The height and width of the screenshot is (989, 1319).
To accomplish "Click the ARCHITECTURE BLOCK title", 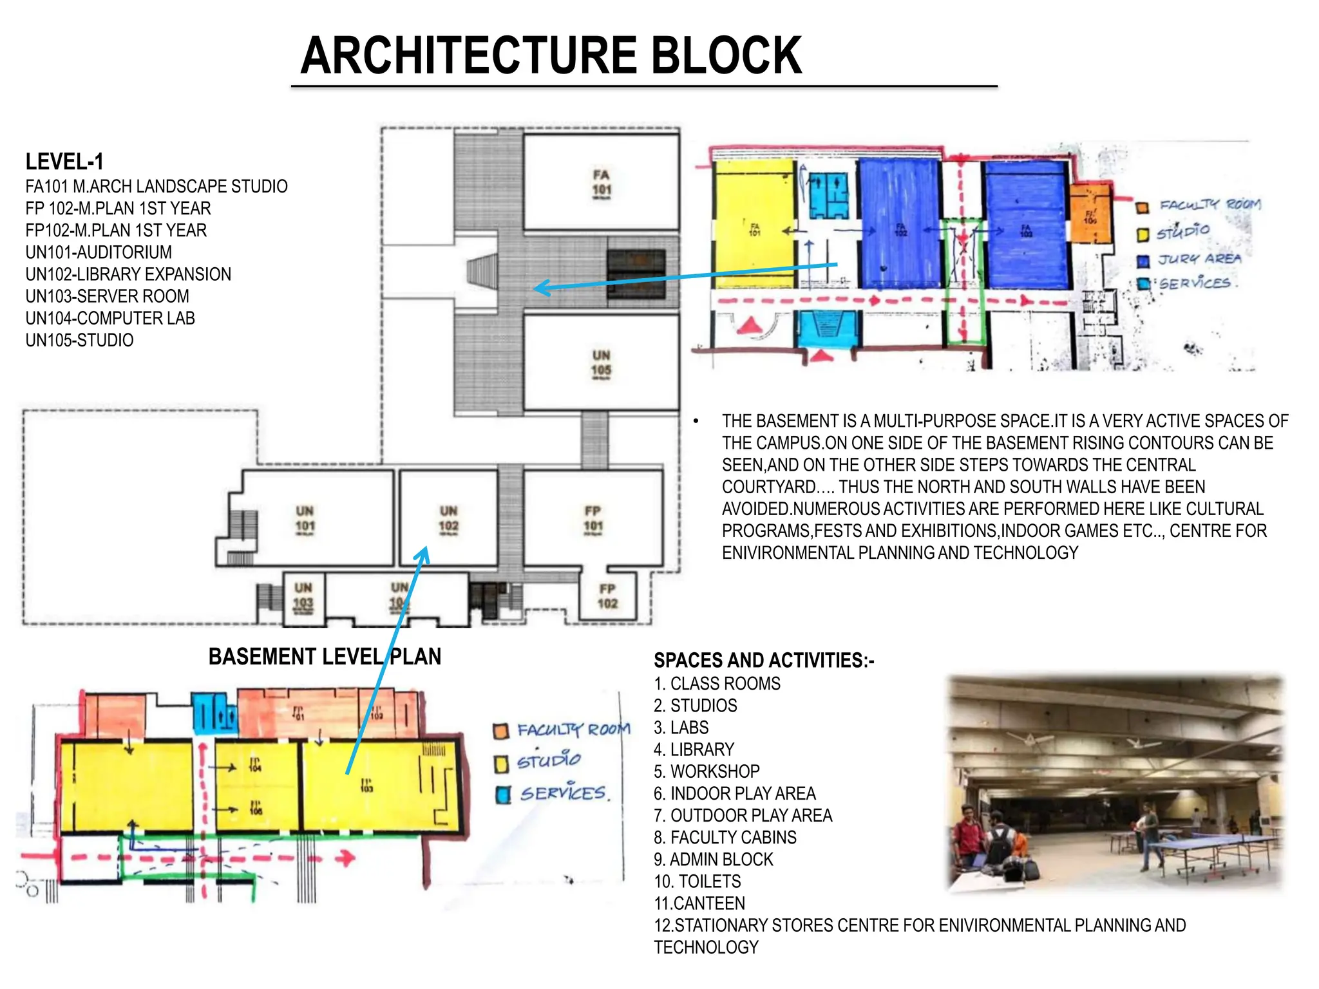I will tap(551, 55).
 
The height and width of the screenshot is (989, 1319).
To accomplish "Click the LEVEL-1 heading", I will tap(64, 162).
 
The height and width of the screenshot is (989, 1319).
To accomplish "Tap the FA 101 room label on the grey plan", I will tap(602, 183).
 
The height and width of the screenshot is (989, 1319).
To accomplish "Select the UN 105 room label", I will tap(601, 363).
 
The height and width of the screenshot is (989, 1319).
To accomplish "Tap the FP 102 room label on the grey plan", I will tap(607, 596).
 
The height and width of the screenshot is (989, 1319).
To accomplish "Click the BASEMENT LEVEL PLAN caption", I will tap(325, 657).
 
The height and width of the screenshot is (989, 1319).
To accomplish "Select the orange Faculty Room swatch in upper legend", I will tap(1143, 207).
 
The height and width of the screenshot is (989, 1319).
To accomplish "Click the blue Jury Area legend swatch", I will tap(1143, 261).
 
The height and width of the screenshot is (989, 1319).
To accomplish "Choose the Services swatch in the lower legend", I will tap(502, 795).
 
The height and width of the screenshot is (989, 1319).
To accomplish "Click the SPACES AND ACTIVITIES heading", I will tap(764, 661).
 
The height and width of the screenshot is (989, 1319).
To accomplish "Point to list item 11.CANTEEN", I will tap(699, 903).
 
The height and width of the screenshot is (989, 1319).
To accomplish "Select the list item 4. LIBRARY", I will tap(694, 749).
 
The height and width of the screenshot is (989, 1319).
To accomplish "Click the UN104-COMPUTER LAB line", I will tap(110, 318).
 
